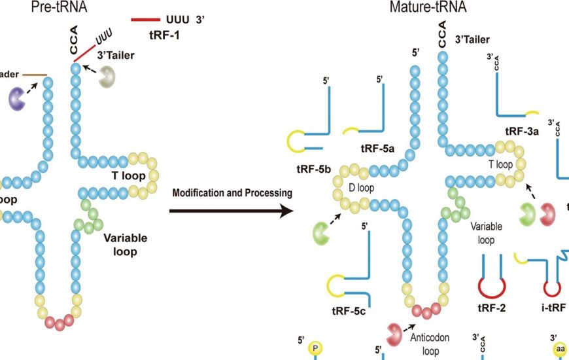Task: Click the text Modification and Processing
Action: [232, 193]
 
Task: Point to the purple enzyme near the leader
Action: [17, 98]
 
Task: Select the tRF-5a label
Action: [377, 149]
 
